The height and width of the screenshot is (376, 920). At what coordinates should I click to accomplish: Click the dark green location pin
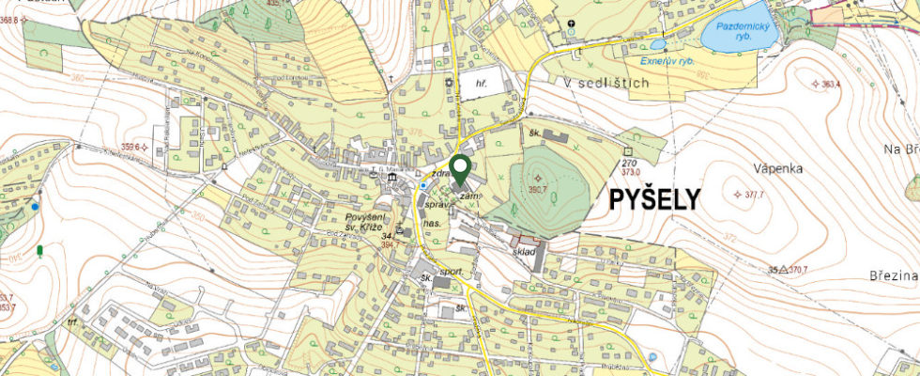[460, 169]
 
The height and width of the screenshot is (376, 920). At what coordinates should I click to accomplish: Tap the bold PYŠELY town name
[655, 199]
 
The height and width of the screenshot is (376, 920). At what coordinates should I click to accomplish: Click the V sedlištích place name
[607, 84]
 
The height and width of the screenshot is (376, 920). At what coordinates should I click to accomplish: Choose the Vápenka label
[775, 168]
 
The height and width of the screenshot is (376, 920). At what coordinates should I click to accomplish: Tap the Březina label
[892, 274]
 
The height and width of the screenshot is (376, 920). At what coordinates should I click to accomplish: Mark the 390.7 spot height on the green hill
[538, 188]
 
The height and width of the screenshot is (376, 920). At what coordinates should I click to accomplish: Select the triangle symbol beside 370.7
[783, 270]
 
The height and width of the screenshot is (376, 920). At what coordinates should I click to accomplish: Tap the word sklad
[525, 252]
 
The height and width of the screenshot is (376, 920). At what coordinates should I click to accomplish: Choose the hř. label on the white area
[480, 84]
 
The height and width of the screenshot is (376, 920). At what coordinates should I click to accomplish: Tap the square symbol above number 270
[627, 151]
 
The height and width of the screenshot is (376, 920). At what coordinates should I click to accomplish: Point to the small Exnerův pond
[658, 44]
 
